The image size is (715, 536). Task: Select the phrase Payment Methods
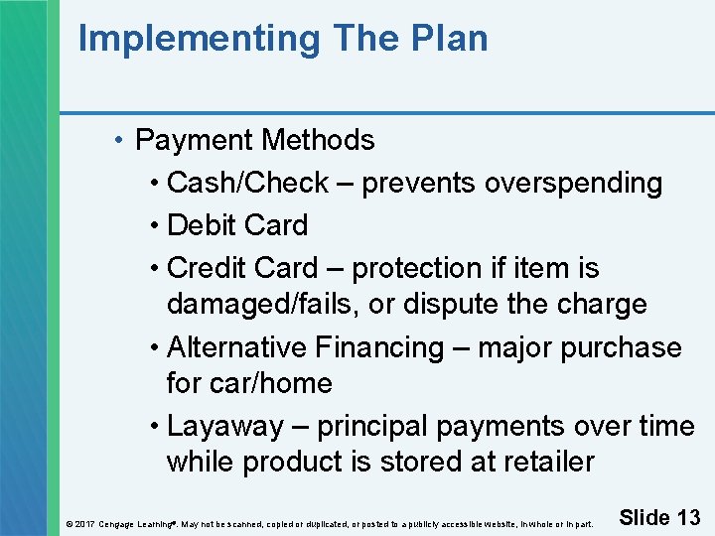point(254,140)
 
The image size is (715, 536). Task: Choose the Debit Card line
point(237,225)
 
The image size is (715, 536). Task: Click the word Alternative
point(237,347)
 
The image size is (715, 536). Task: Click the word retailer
point(545,462)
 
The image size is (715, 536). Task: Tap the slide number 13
point(688,517)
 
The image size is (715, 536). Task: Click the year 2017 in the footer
point(84,523)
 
